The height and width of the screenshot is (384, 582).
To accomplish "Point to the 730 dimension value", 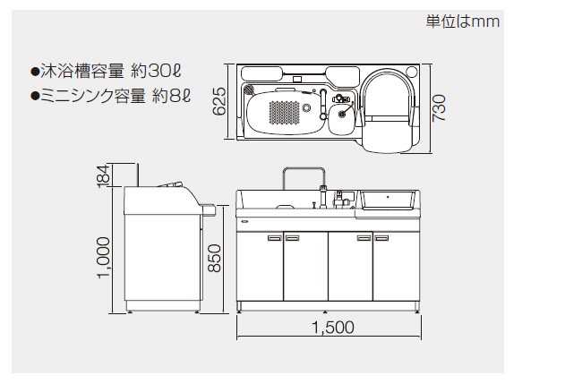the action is (438, 104).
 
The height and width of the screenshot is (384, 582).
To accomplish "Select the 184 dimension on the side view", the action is (103, 175).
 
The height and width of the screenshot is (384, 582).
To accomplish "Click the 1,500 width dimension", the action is (330, 328).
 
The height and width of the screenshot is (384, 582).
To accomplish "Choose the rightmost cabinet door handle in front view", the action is (382, 237).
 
